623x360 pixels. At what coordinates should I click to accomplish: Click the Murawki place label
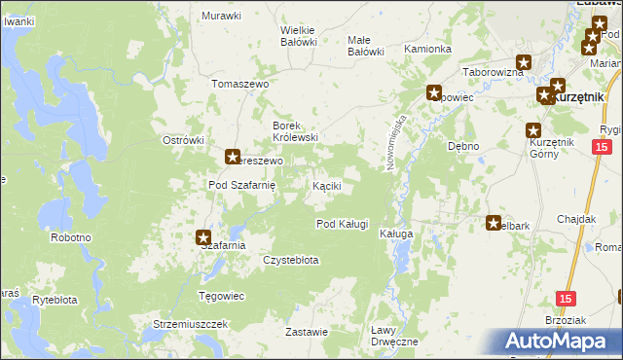(221, 16)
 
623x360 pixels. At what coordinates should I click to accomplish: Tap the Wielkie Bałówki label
(299, 36)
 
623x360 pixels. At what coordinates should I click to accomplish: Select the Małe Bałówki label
(366, 46)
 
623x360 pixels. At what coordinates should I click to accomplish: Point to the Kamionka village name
(427, 49)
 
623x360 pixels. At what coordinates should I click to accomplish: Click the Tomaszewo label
(239, 84)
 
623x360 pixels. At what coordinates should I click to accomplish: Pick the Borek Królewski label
(295, 131)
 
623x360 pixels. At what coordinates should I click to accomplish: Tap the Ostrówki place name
(182, 140)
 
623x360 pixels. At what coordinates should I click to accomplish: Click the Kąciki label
(325, 185)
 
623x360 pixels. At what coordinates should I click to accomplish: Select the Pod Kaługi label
(342, 224)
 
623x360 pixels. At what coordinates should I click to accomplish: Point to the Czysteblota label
(291, 260)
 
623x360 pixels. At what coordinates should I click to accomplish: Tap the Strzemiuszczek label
(190, 323)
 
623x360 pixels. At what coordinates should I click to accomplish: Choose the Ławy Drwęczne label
(394, 336)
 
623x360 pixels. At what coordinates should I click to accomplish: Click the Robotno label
(71, 237)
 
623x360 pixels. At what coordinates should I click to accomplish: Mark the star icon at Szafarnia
(203, 236)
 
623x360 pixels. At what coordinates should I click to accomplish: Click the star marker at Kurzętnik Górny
(533, 131)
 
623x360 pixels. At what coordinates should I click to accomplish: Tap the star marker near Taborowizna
(524, 63)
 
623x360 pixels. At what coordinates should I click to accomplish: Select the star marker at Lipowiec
(433, 93)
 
